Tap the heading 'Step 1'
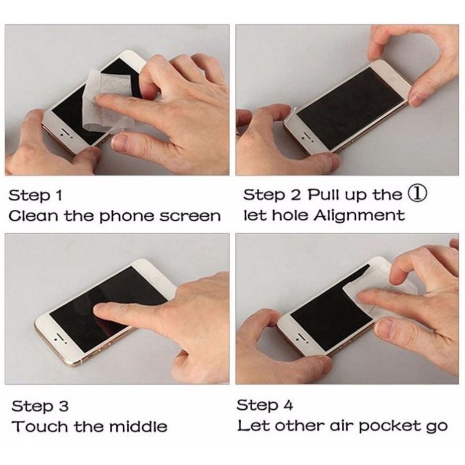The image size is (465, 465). pyautogui.click(x=35, y=196)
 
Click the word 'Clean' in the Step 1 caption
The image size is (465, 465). pyautogui.click(x=33, y=216)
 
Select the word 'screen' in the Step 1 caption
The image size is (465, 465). pyautogui.click(x=190, y=217)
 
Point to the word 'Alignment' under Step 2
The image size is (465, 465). pyautogui.click(x=359, y=216)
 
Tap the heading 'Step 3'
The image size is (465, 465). pyautogui.click(x=40, y=406)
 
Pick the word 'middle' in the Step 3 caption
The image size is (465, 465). pyautogui.click(x=138, y=426)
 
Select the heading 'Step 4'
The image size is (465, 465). pyautogui.click(x=264, y=405)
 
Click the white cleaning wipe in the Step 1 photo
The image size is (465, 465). pyautogui.click(x=107, y=99)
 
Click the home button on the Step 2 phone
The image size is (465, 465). pyautogui.click(x=394, y=78)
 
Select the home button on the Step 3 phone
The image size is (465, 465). pyautogui.click(x=157, y=279)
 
